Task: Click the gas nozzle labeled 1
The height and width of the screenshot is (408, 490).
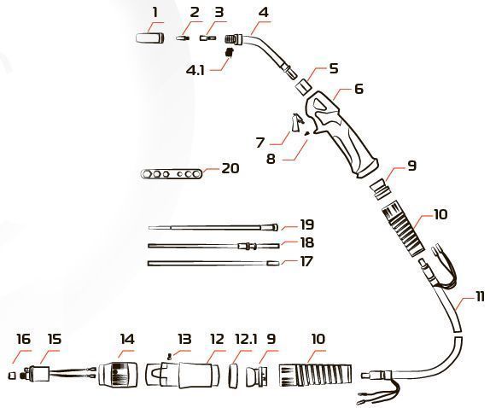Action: pos(150,38)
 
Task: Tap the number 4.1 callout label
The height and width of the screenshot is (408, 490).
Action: pos(195,70)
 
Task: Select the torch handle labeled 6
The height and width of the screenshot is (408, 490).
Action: pos(342,133)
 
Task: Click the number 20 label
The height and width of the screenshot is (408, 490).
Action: pos(230,168)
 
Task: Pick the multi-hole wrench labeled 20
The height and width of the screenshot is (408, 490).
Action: pos(172,173)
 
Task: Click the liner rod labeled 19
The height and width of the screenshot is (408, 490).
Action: pos(213,227)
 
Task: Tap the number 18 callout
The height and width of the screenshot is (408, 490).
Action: pos(306,242)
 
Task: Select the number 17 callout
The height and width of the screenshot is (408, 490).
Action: pos(306,260)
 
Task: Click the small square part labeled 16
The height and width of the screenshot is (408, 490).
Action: pos(11,375)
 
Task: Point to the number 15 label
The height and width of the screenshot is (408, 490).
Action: pos(55,339)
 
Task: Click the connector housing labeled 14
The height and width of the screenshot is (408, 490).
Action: pos(118,374)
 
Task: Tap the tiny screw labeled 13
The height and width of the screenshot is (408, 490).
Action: pos(170,358)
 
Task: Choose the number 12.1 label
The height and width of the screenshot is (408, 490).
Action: pos(246,339)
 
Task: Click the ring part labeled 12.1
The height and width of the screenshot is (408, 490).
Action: pos(232,376)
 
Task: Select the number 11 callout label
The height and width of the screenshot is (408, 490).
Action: pos(480,296)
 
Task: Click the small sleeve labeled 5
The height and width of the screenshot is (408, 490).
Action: pos(303,86)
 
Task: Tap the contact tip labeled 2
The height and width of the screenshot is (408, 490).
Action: pos(183,38)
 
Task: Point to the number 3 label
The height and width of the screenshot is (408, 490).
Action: pos(219,13)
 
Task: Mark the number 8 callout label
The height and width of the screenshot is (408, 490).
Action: pos(271,159)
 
